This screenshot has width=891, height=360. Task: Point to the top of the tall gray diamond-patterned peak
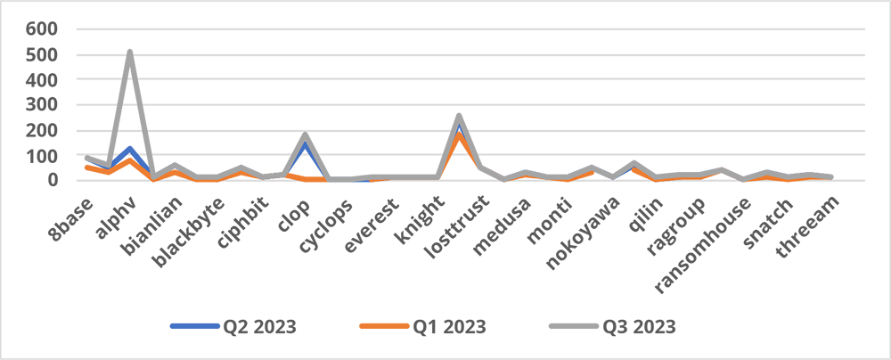point(130,45)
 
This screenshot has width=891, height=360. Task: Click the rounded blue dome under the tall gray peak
point(130,147)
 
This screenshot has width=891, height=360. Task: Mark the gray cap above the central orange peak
point(458,117)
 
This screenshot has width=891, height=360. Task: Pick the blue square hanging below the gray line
point(361,188)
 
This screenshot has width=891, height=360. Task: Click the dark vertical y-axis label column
point(41,89)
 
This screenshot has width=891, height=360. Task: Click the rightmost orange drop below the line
point(788,184)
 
